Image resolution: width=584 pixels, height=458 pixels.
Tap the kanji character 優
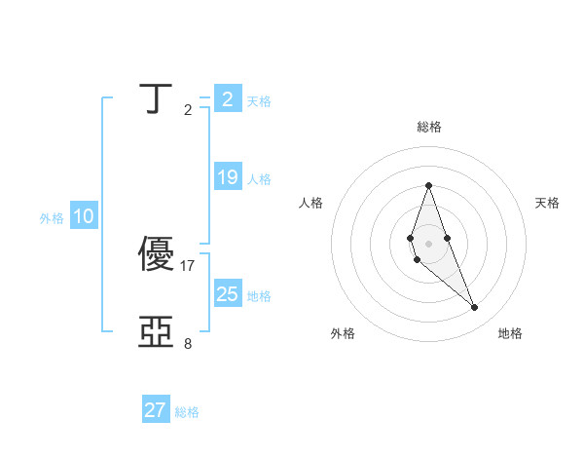(158, 254)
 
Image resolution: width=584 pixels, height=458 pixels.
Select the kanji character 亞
(158, 332)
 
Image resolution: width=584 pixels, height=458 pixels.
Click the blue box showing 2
(228, 99)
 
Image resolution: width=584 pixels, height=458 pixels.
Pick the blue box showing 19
(228, 177)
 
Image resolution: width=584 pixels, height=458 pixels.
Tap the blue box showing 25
(228, 294)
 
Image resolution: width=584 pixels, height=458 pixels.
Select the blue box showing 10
(84, 217)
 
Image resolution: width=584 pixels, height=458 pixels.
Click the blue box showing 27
(156, 410)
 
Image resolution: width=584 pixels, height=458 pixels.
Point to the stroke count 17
(189, 265)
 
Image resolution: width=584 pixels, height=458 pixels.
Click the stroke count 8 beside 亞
(188, 343)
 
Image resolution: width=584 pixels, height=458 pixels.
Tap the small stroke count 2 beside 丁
(188, 110)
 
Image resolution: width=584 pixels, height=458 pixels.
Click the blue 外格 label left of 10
(52, 218)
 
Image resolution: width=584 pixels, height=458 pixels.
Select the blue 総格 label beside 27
(187, 412)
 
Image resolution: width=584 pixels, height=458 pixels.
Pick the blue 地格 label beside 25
(259, 295)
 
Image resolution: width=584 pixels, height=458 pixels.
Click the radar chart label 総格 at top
(428, 127)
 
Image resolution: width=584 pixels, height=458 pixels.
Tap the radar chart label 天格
(548, 203)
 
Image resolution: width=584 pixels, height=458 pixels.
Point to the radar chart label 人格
(310, 203)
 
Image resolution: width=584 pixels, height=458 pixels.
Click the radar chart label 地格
(510, 333)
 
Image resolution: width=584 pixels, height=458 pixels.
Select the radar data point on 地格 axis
(475, 308)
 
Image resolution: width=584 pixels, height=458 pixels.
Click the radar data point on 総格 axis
(428, 185)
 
